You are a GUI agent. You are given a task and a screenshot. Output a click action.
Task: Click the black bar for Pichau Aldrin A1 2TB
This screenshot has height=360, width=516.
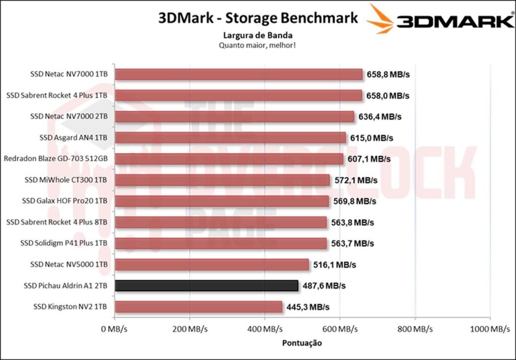[x=207, y=285]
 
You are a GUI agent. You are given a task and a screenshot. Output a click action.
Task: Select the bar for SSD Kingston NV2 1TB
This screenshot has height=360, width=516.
[x=199, y=307]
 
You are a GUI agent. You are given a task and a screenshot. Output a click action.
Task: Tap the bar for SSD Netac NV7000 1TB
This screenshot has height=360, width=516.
[x=239, y=75]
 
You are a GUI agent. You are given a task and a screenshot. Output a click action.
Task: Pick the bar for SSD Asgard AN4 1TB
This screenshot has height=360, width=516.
[x=230, y=138]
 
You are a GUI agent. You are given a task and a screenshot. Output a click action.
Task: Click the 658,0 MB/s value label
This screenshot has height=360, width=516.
[x=388, y=96]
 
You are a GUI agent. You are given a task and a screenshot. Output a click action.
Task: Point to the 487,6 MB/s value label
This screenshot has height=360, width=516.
[x=324, y=286]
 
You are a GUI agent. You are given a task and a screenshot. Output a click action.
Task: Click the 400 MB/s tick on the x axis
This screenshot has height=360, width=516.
[x=265, y=329]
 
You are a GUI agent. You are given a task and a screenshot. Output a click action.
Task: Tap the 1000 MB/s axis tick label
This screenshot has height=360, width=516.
[x=490, y=329]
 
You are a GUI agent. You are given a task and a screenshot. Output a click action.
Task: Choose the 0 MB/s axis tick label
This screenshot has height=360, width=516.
[x=115, y=329]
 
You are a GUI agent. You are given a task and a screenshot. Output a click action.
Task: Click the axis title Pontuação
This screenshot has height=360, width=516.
[x=302, y=343]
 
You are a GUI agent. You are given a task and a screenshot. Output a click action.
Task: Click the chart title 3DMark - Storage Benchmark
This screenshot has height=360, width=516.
[x=258, y=18]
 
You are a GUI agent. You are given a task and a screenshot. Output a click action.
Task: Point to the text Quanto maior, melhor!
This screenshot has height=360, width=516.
[x=258, y=45]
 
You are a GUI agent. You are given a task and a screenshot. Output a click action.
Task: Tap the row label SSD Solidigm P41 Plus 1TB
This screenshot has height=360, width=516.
[x=64, y=243]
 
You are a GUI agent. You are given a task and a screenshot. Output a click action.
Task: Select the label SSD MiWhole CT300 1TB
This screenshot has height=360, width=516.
[x=66, y=180]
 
